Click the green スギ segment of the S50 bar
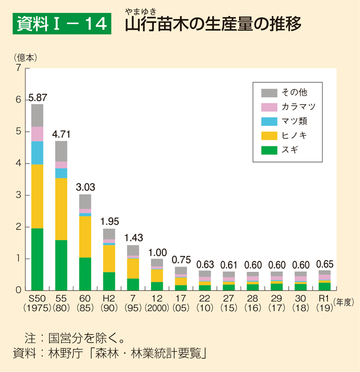pyautogui.click(x=37, y=259)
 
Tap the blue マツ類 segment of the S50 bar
pyautogui.click(x=37, y=153)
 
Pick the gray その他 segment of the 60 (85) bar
pyautogui.click(x=85, y=201)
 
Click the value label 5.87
pyautogui.click(x=38, y=98)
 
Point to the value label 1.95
pyautogui.click(x=110, y=222)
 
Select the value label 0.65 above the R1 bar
pyautogui.click(x=325, y=264)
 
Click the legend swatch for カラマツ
pyautogui.click(x=269, y=107)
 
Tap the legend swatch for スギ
pyautogui.click(x=269, y=151)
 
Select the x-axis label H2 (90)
pyautogui.click(x=109, y=302)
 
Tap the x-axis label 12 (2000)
pyautogui.click(x=157, y=302)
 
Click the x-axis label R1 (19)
pyautogui.click(x=324, y=302)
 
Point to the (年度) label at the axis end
pyautogui.click(x=345, y=302)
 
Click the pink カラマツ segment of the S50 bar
pyautogui.click(x=37, y=134)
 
